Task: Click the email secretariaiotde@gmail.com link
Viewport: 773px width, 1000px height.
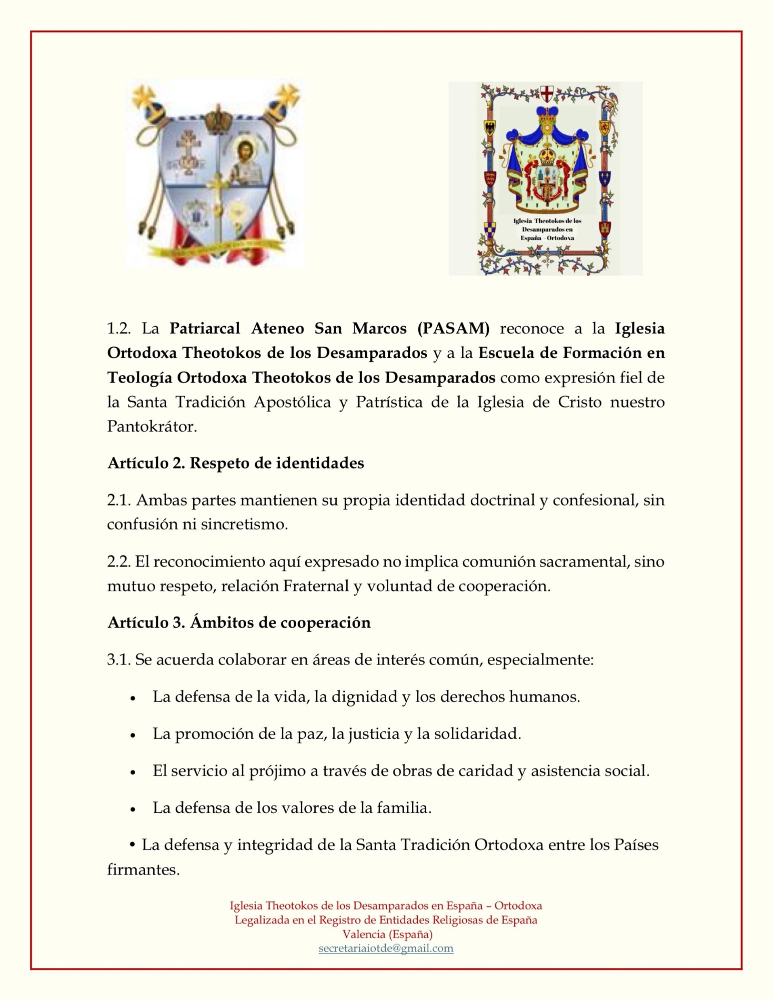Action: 386,948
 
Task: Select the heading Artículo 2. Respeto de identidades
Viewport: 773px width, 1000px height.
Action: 236,463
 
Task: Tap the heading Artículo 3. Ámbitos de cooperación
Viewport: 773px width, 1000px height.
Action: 239,622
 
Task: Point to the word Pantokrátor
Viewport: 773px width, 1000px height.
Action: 152,426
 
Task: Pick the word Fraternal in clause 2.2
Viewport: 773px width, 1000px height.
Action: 316,586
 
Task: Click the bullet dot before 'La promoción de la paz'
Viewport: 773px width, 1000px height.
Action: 133,735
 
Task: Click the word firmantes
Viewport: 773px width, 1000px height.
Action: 143,869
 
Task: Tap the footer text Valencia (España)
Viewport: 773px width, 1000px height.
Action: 387,934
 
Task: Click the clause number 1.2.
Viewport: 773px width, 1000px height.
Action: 119,328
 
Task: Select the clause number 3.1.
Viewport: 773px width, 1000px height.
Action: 119,660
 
